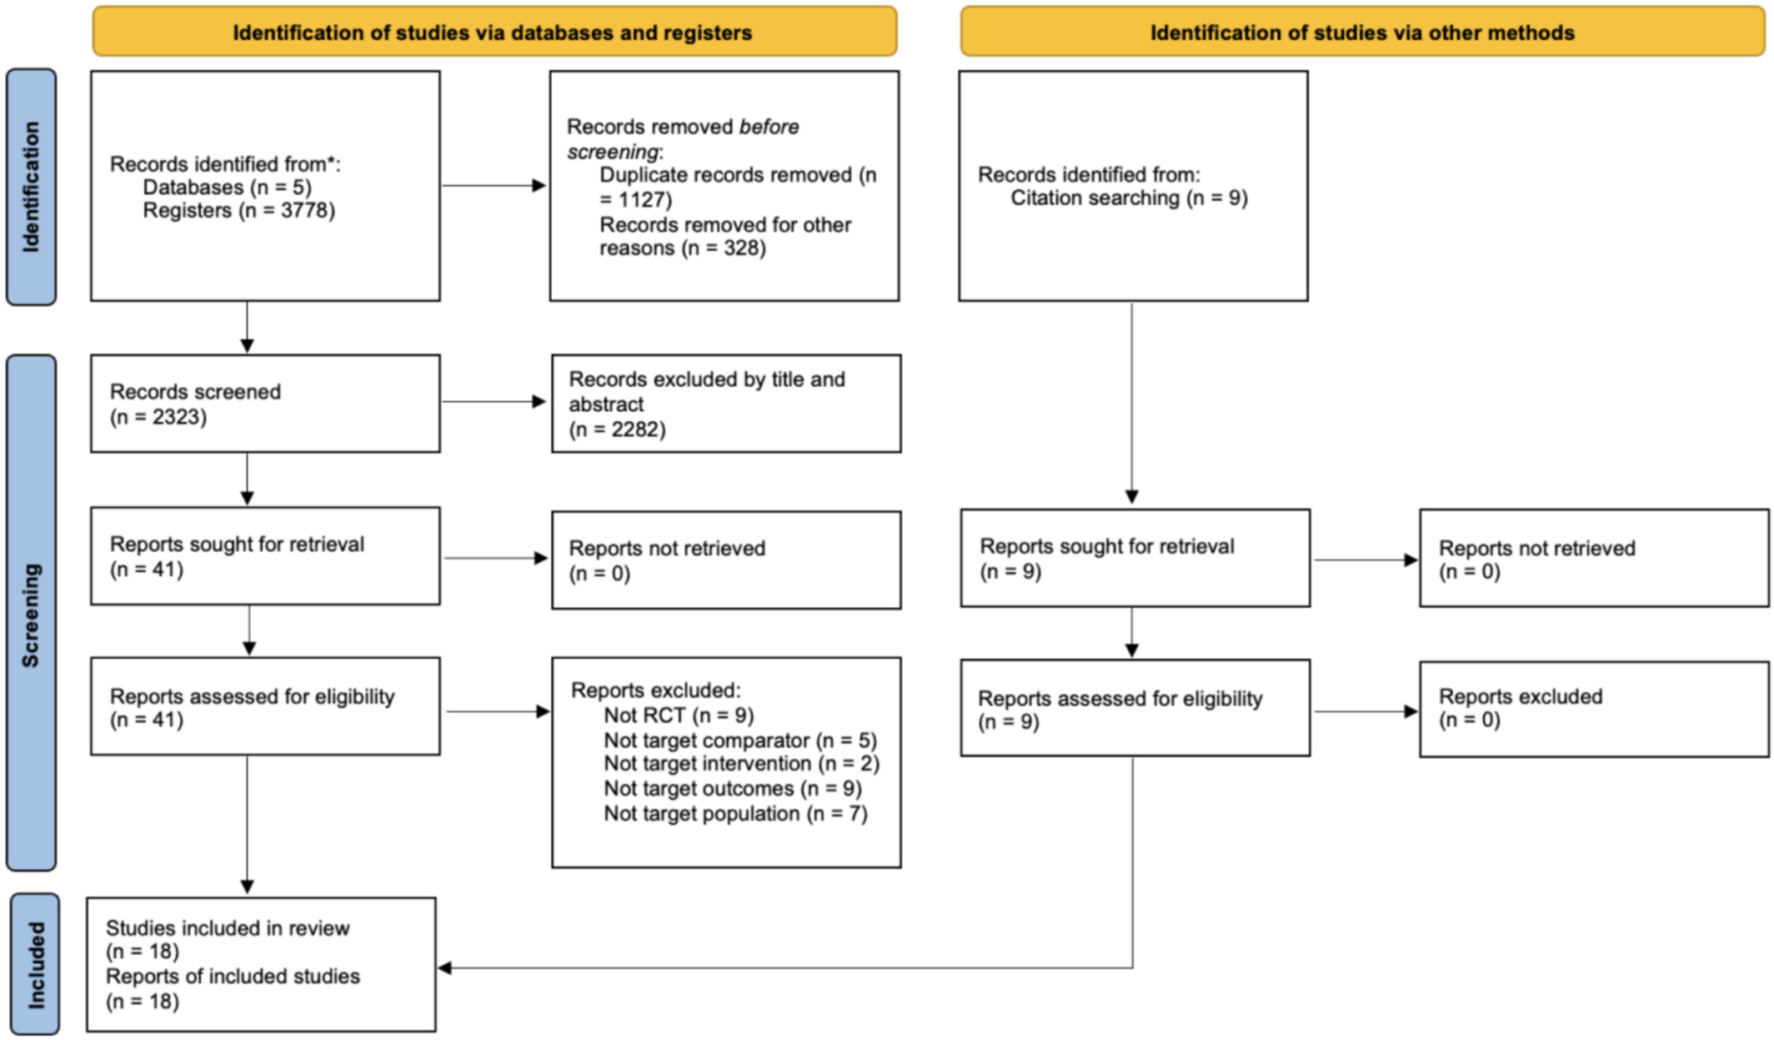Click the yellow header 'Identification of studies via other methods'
(1362, 32)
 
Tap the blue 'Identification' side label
(32, 187)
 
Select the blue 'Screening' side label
(32, 614)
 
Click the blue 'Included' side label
(35, 964)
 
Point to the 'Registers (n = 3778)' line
(238, 210)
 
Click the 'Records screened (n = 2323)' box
(265, 404)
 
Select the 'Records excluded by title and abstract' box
(726, 404)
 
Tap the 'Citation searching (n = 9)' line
(1129, 198)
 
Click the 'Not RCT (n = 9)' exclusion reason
(679, 716)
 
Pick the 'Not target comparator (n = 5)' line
(740, 741)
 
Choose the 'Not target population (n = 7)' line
(735, 814)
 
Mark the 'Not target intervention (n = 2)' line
(741, 764)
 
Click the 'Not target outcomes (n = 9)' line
(733, 789)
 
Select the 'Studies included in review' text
(228, 928)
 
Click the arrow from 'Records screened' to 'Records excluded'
(494, 402)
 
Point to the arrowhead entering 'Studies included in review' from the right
(445, 968)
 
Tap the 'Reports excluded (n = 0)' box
(1594, 710)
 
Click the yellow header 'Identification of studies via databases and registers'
(494, 32)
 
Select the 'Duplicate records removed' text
(725, 175)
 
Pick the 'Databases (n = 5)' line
(227, 188)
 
